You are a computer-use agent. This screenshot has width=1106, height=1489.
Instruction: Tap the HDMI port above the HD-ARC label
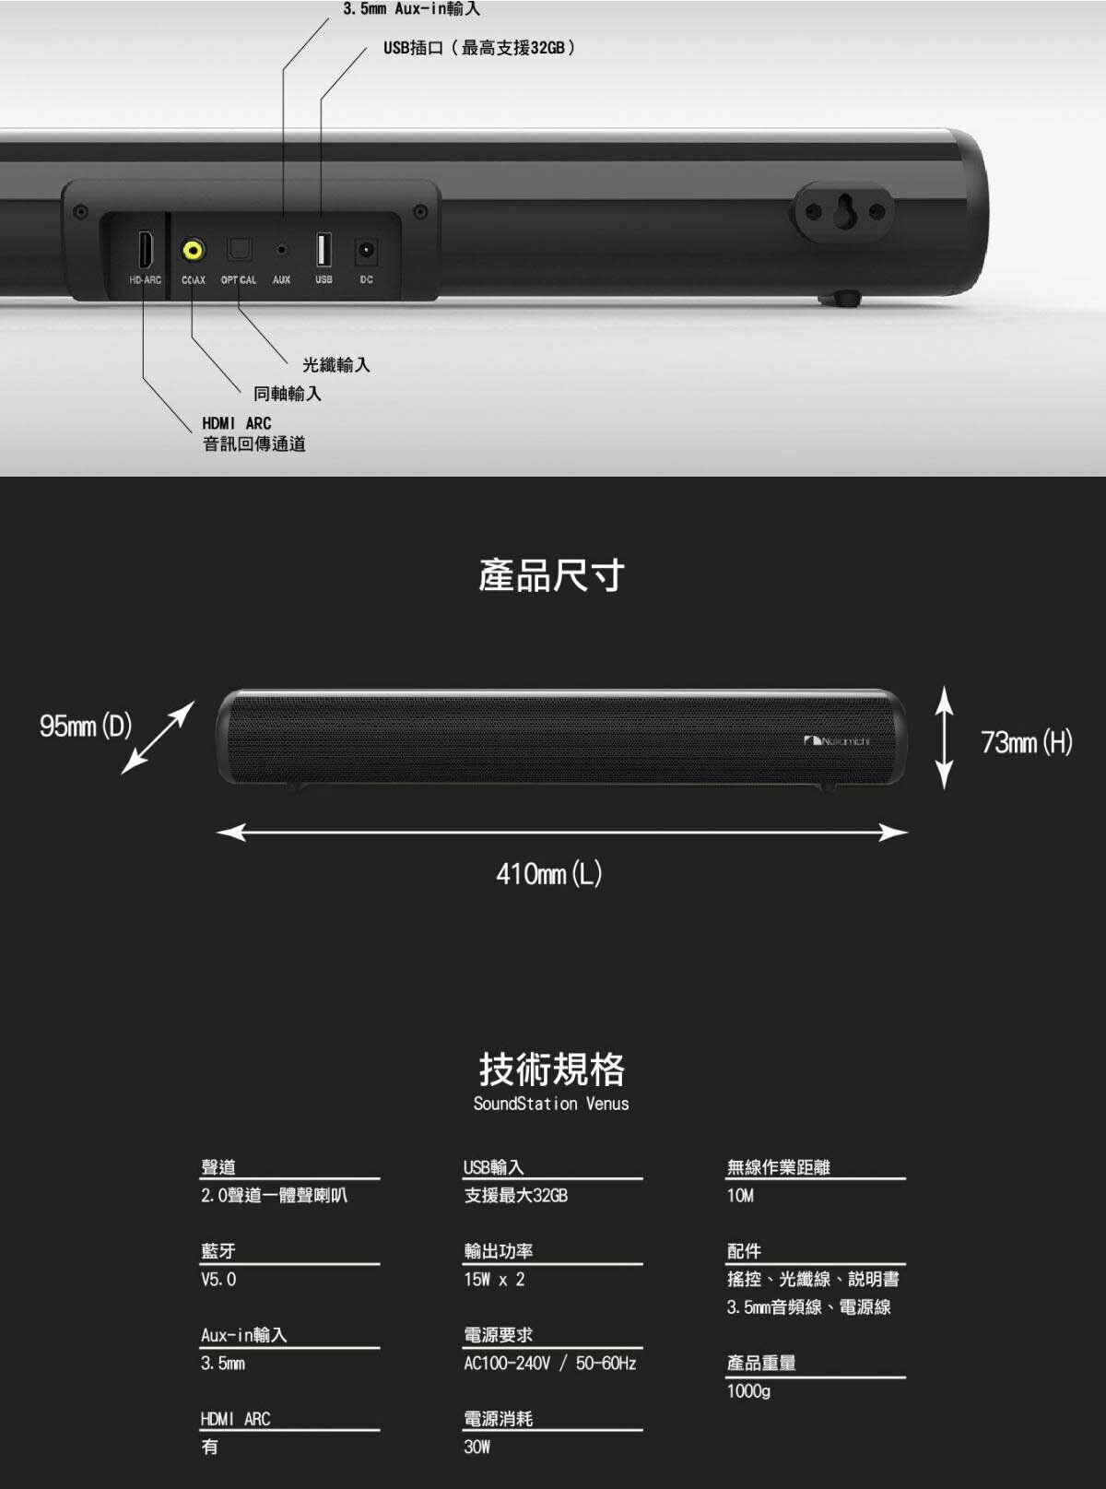[x=145, y=250]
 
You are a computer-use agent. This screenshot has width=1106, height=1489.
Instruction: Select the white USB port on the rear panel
[x=323, y=249]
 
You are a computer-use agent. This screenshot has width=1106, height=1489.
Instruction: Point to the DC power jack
[x=366, y=251]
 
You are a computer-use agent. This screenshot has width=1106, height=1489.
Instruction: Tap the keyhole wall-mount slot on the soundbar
[x=844, y=210]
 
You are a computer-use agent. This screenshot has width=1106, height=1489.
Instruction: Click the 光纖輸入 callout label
[x=336, y=364]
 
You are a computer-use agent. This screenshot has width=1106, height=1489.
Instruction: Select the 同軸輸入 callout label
[x=288, y=394]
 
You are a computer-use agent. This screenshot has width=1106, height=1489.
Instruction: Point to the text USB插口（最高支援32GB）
[x=479, y=48]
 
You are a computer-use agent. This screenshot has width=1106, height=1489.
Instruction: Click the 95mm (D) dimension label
[x=86, y=726]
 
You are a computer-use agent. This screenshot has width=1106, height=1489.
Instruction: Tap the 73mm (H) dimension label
[x=1027, y=742]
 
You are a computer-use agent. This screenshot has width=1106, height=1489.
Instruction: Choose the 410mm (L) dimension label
[x=549, y=873]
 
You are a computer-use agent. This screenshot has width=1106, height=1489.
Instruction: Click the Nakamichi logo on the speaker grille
[x=837, y=741]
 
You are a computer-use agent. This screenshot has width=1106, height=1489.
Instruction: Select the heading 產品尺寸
[x=552, y=575]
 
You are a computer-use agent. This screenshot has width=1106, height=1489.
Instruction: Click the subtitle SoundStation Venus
[x=551, y=1103]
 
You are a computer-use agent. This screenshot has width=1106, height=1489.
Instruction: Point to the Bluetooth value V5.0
[x=218, y=1279]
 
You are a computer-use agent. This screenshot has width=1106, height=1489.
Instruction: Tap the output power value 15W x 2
[x=495, y=1280]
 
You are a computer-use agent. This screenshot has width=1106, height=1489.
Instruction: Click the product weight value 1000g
[x=749, y=1391]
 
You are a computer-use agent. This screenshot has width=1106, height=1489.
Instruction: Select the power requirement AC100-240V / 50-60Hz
[x=550, y=1363]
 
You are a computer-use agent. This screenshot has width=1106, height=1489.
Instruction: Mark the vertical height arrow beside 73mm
[x=945, y=738]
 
